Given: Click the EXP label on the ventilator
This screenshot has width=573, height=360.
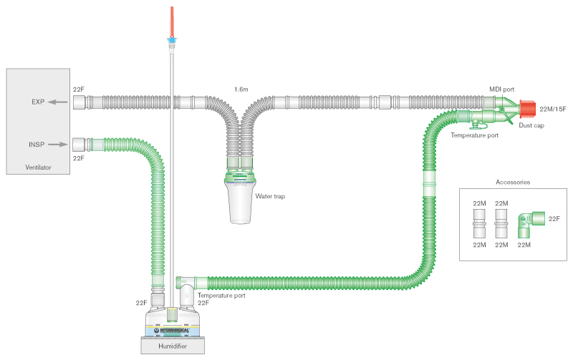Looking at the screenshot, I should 38,102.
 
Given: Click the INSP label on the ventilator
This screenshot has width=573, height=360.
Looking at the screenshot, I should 37,145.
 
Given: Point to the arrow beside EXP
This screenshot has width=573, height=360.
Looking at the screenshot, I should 59,102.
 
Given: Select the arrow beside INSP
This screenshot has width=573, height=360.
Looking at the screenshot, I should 59,144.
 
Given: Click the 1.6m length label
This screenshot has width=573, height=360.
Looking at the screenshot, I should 241,89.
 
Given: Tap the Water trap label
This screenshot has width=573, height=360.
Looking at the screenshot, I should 270,195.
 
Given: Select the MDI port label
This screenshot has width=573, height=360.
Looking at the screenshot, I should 501,89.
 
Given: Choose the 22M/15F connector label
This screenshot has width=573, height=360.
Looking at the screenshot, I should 552,109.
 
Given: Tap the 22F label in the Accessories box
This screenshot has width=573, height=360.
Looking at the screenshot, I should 554,218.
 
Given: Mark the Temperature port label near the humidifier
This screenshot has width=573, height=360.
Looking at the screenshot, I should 221,295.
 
